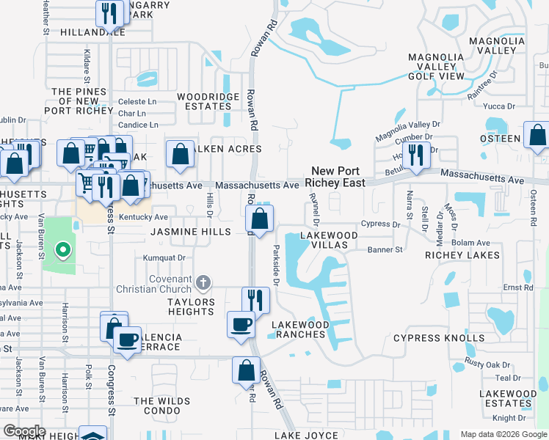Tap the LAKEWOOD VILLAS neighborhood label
click(x=329, y=241)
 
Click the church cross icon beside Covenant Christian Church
click(x=204, y=281)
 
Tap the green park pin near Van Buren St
click(x=63, y=252)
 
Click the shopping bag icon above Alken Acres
click(x=181, y=154)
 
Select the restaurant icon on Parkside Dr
click(x=255, y=299)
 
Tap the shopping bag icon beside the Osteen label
click(x=537, y=136)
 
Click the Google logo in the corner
click(x=24, y=430)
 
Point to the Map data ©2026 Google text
click(x=503, y=434)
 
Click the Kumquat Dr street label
click(x=164, y=257)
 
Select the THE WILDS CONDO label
click(x=161, y=406)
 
